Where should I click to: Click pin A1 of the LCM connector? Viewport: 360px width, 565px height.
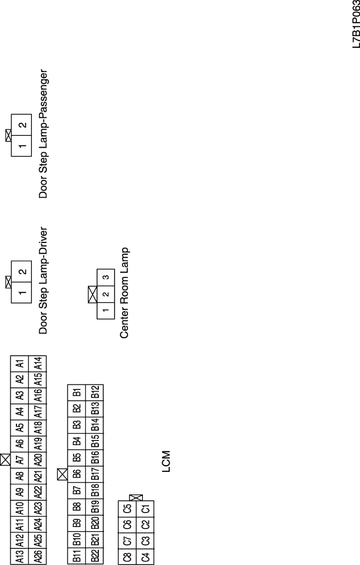20,364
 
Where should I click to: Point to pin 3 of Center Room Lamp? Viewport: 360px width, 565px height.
105,277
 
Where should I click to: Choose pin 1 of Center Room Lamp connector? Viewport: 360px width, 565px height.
105,310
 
